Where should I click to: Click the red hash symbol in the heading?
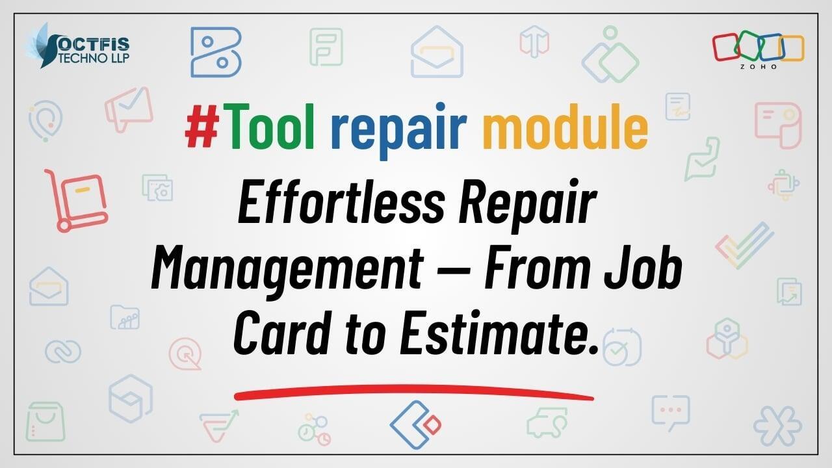click(202, 126)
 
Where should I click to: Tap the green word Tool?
click(268, 126)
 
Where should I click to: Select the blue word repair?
click(398, 131)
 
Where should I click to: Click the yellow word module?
click(565, 126)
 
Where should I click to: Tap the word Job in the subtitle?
click(643, 266)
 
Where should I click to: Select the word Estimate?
click(499, 333)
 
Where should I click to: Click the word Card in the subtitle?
click(282, 333)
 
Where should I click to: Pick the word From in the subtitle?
click(537, 266)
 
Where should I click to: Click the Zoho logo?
click(758, 50)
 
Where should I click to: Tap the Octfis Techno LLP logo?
click(79, 46)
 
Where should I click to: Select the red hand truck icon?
click(77, 200)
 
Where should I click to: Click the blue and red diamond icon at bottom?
click(415, 424)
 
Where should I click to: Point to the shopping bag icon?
click(45, 422)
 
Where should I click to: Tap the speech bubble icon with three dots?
click(671, 412)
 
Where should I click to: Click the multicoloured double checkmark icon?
click(744, 245)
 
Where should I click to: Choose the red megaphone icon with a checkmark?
click(129, 109)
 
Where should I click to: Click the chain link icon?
click(63, 352)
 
